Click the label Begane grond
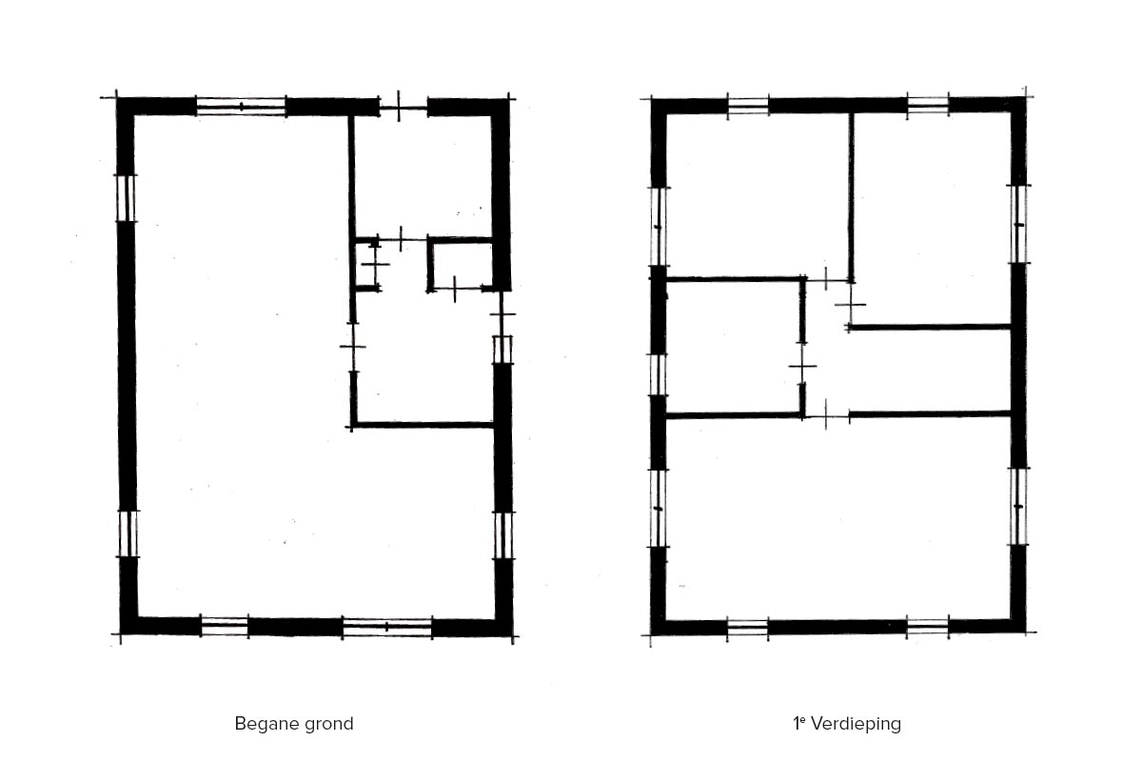pos(294,724)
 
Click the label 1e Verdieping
pos(847,724)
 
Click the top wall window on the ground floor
pos(241,106)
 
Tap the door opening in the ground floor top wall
pos(404,108)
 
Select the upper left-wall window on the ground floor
pos(126,198)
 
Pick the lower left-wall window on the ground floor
pos(128,533)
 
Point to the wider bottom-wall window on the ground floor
pos(387,627)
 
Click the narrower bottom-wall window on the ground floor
pos(225,626)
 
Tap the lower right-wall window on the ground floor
pos(503,535)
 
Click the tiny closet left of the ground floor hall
pos(365,265)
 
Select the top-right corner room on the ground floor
pos(423,176)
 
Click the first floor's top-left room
pos(758,195)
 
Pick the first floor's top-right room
pos(932,218)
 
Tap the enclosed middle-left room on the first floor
pos(733,347)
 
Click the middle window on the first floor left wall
pos(658,374)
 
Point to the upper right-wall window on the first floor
pos(1018,224)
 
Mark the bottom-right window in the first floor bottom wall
pos(927,628)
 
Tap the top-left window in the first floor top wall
pos(748,106)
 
